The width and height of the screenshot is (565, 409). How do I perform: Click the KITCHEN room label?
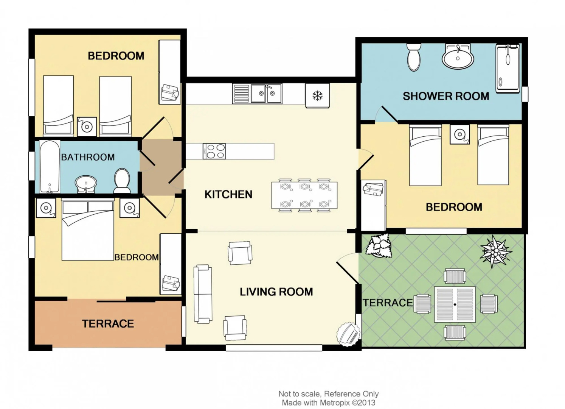click(x=228, y=194)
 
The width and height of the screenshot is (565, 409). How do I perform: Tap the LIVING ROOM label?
click(x=276, y=292)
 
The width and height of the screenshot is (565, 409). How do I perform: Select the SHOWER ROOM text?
click(x=445, y=96)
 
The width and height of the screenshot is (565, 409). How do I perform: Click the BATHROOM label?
click(x=88, y=157)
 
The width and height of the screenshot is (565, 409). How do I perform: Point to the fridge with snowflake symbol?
click(x=317, y=95)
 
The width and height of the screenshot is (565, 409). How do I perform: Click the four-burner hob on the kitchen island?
click(x=214, y=151)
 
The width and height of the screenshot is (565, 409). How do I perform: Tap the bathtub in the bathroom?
click(x=50, y=167)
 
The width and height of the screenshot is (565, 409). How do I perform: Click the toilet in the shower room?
click(x=414, y=57)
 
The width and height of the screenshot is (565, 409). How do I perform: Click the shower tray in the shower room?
click(x=508, y=68)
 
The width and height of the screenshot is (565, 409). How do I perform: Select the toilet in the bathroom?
click(x=122, y=180)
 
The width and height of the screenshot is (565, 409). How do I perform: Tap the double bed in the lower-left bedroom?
click(x=88, y=230)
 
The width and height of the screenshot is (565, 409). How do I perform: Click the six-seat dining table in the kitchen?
click(x=304, y=196)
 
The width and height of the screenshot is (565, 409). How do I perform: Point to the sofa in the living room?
click(x=203, y=294)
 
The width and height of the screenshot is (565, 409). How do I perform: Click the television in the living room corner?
click(x=348, y=334)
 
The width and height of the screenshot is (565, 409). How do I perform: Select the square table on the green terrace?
click(x=455, y=304)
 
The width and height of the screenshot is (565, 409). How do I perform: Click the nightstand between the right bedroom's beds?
click(x=459, y=134)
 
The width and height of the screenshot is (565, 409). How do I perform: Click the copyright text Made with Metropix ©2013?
click(x=328, y=403)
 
